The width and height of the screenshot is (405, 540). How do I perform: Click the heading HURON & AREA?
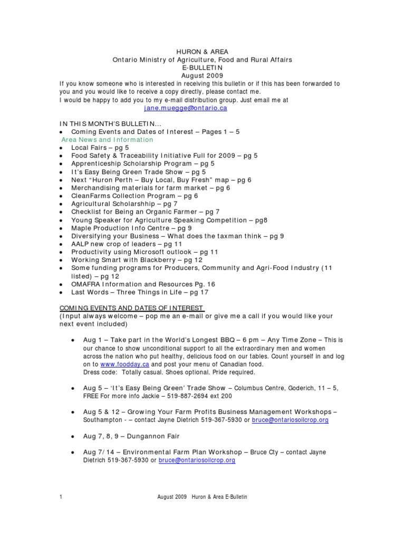pos(202,52)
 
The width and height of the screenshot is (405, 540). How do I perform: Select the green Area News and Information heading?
pos(107,140)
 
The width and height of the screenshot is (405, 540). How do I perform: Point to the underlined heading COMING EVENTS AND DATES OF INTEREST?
pos(132,308)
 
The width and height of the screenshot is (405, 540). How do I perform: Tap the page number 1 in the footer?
pos(61,497)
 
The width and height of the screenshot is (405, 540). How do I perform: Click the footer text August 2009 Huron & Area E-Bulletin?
pos(202,497)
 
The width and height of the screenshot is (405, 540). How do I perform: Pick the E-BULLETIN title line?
pos(202,68)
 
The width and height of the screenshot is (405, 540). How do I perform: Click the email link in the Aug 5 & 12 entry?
pos(290,420)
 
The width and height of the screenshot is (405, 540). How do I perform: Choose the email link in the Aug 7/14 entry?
pos(197,460)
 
